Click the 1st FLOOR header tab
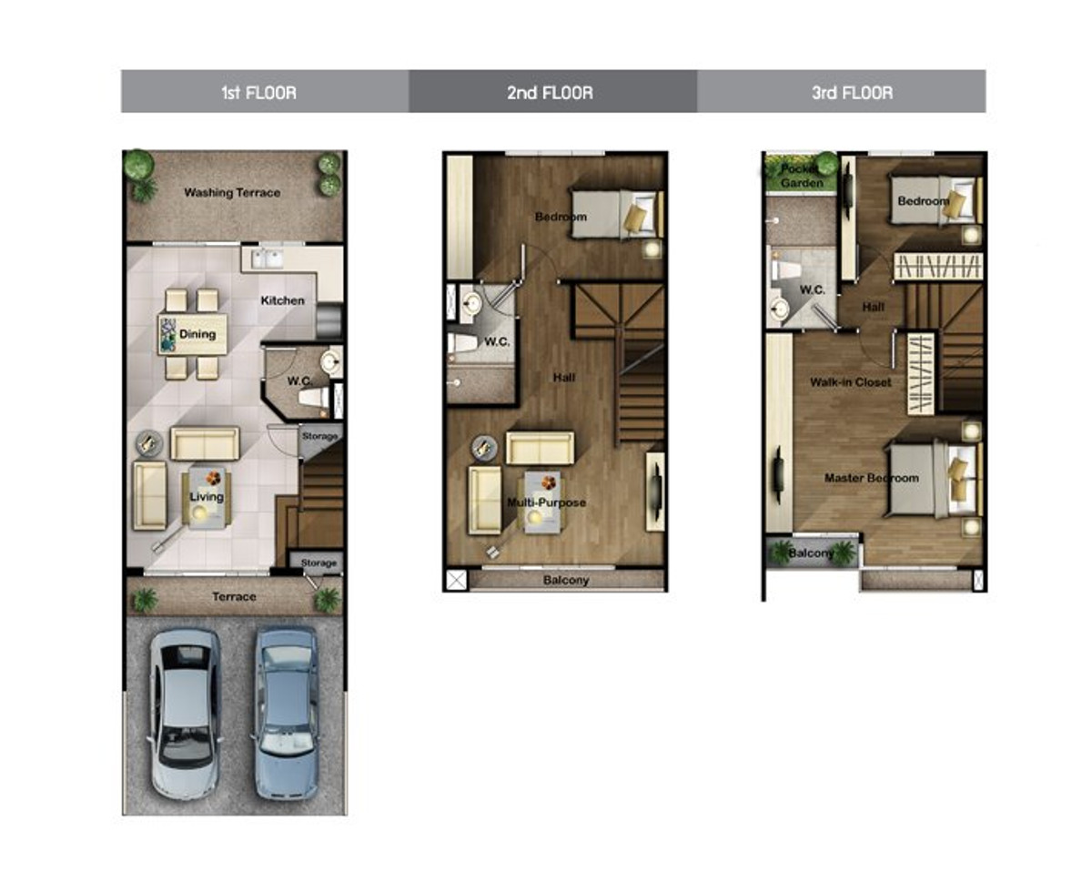pyautogui.click(x=265, y=91)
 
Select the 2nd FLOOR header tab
pyautogui.click(x=553, y=91)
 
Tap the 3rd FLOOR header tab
pyautogui.click(x=842, y=91)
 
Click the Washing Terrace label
pyautogui.click(x=232, y=192)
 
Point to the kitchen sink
pyautogui.click(x=268, y=259)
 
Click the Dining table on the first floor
pyautogui.click(x=193, y=334)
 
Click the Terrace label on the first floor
pyautogui.click(x=234, y=597)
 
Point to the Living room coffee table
pyautogui.click(x=207, y=499)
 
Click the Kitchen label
pyautogui.click(x=283, y=300)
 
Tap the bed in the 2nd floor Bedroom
pyautogui.click(x=618, y=214)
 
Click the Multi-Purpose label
pyautogui.click(x=547, y=502)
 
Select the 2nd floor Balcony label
pyautogui.click(x=566, y=580)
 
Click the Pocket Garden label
pyautogui.click(x=802, y=176)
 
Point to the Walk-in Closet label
pyautogui.click(x=851, y=382)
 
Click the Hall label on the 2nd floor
pyautogui.click(x=564, y=377)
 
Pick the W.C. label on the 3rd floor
pyautogui.click(x=813, y=289)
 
